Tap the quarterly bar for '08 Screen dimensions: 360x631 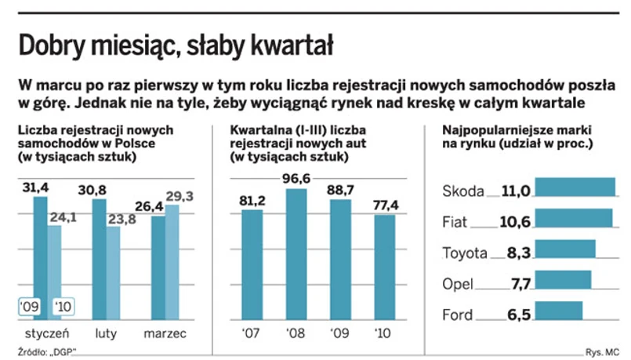(x=296, y=254)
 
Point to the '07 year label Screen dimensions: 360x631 (x=252, y=333)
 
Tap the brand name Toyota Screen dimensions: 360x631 (x=465, y=253)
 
